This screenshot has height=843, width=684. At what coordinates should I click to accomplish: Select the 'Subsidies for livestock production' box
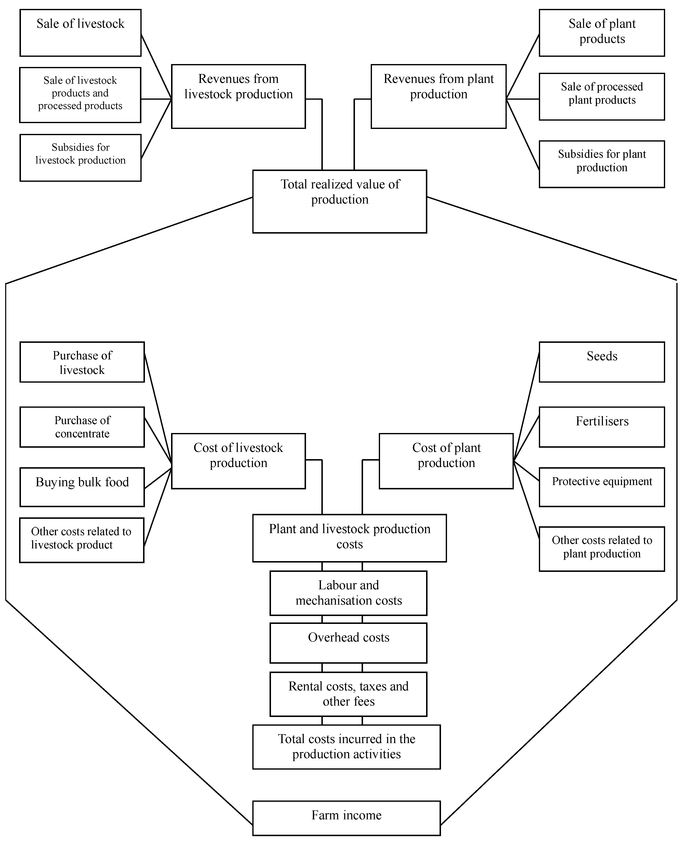click(80, 158)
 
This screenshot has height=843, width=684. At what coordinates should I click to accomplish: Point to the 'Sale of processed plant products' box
click(602, 97)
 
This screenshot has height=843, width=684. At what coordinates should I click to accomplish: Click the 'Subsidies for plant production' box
click(602, 164)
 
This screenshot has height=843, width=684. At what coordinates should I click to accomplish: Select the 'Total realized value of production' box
click(340, 201)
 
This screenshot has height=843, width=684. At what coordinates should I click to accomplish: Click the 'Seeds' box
click(602, 362)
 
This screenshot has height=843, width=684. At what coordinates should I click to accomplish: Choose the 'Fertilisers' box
click(602, 427)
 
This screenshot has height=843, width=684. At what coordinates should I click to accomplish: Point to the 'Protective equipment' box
click(602, 487)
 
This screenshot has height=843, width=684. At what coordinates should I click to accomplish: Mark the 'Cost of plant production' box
click(446, 461)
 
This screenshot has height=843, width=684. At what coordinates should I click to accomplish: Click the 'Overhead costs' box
click(348, 643)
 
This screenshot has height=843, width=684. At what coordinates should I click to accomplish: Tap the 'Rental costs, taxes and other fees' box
click(348, 694)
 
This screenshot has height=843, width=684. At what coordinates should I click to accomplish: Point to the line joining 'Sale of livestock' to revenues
click(156, 66)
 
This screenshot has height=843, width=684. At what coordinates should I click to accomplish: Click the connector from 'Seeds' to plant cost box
click(526, 406)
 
